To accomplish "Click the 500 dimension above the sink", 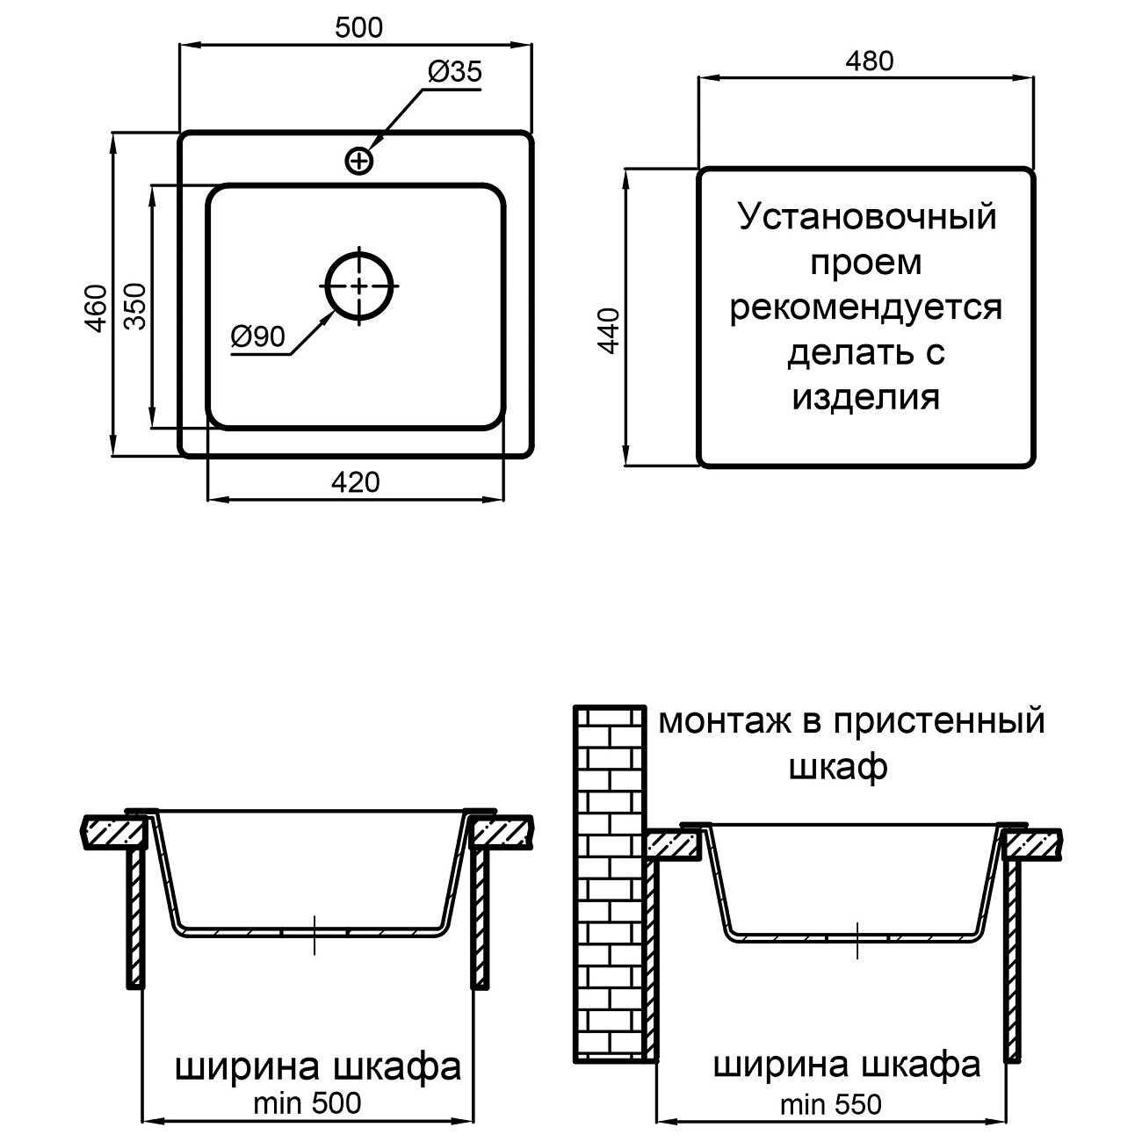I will click(x=358, y=28).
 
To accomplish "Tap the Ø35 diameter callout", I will click(x=455, y=72).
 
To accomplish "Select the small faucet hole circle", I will click(x=358, y=161).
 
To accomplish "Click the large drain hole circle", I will click(x=359, y=285).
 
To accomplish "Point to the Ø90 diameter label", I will click(x=258, y=336).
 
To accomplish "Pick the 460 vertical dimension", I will click(x=96, y=307).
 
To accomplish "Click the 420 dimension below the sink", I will click(x=356, y=482).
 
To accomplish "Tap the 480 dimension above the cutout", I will click(x=868, y=61).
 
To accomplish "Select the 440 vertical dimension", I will click(x=609, y=329).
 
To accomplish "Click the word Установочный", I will click(x=867, y=216).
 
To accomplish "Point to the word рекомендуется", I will click(x=866, y=307).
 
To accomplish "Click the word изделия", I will click(x=866, y=397).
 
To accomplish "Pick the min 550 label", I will click(x=831, y=1104).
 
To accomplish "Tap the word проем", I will click(x=866, y=262).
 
